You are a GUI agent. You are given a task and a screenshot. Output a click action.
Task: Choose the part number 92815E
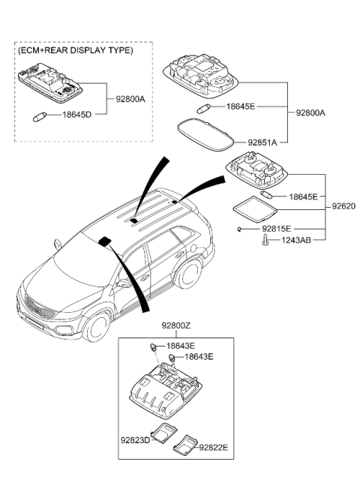(x=276, y=228)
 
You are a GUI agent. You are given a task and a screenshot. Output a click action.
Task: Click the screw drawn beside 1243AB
(x=265, y=240)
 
